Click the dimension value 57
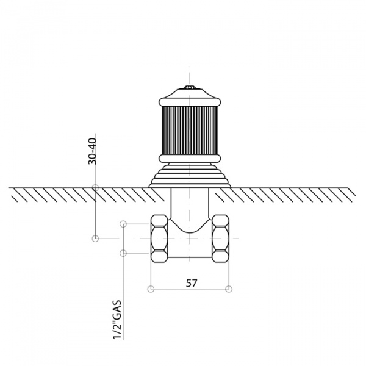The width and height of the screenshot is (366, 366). click(192, 283)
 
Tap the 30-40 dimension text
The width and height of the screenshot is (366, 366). click(93, 151)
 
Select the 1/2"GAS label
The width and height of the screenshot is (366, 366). click(117, 320)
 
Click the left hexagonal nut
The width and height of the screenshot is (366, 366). click(159, 239)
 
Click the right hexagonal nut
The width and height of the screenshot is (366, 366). click(221, 239)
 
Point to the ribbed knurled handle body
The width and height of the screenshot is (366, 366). click(190, 131)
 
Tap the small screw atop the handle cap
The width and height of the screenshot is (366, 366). click(190, 87)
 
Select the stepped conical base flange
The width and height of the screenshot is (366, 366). click(190, 175)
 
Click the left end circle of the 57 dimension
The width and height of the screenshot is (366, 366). click(151, 289)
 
